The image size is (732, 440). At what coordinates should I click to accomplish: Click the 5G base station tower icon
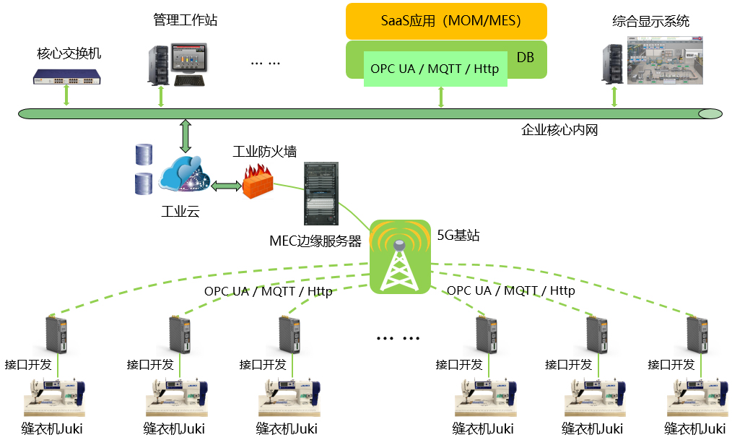coord(399,258)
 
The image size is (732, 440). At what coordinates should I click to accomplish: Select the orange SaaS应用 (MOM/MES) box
coord(445,21)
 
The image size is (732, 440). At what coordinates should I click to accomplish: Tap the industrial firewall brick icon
coord(258,181)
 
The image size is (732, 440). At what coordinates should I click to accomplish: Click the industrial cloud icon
coord(184,177)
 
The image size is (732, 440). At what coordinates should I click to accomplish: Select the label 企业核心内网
coord(559,131)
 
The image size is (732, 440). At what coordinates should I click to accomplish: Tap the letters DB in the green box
coord(526,56)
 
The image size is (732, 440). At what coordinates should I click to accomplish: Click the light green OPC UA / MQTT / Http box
coord(435,69)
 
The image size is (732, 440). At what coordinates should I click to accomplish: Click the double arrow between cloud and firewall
coord(225,186)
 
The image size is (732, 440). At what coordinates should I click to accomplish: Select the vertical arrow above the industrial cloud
coord(186,136)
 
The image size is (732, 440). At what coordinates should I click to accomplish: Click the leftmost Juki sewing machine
coord(55,397)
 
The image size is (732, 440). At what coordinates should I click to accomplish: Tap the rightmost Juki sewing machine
coord(695,397)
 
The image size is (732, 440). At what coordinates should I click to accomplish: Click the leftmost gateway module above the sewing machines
coord(55,335)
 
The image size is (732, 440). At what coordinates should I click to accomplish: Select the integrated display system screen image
coord(664,61)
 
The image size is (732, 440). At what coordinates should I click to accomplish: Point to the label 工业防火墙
coord(264,152)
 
